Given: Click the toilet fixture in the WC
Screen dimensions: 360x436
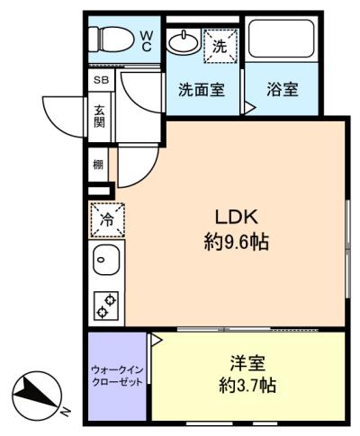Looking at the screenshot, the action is pos(111,40).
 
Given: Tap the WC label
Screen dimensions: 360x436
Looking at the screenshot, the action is pos(147,41).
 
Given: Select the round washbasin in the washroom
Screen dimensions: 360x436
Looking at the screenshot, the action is pos(183,42).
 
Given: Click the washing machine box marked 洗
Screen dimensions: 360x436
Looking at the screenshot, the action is pos(220,46).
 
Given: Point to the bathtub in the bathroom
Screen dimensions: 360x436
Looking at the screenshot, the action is pos(281,38).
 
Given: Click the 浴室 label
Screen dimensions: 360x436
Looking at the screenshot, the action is pos(283,89).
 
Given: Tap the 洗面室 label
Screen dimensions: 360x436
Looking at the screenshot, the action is pos(202,89).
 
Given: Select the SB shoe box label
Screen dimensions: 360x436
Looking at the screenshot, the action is pos(101,80).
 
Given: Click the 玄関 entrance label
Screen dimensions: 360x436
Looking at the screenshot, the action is pos(99,117).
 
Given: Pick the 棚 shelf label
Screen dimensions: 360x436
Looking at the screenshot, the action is pos(98,165).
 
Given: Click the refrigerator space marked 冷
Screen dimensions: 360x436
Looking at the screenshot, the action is pos(107,220).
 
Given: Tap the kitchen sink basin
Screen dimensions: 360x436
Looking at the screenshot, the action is pos(106,260).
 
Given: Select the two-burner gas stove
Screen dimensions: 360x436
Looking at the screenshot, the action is pos(106,305).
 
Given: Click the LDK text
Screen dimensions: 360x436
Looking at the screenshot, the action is pos(237,217).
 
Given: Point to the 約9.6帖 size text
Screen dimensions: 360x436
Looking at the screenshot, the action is pos(237,242).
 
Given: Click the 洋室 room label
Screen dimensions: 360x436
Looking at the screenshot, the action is pos(247,363).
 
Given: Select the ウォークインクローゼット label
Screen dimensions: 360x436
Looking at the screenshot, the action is pos(117,376).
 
